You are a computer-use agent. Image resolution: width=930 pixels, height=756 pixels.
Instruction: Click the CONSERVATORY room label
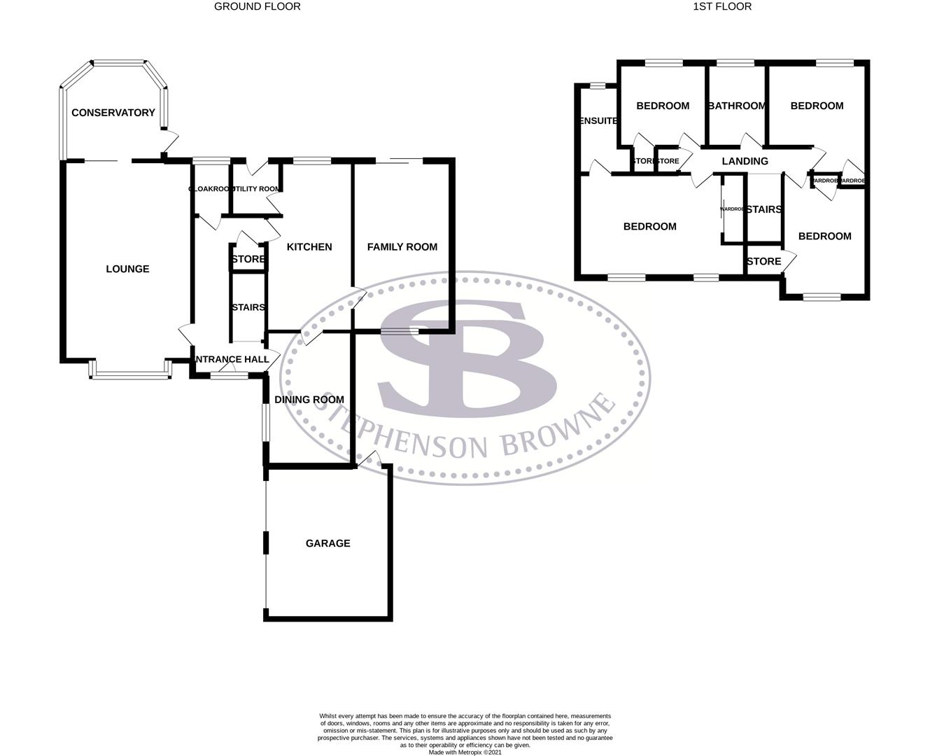click(x=113, y=113)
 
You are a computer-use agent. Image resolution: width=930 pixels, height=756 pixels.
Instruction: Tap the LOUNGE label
click(x=127, y=269)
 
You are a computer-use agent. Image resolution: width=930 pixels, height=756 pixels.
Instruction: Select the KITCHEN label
click(x=309, y=246)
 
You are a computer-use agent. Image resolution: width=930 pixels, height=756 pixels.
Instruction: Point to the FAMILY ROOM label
click(x=402, y=246)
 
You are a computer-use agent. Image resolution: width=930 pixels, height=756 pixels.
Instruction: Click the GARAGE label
click(x=327, y=543)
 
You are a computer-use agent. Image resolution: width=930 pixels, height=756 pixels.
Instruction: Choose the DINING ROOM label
click(x=309, y=400)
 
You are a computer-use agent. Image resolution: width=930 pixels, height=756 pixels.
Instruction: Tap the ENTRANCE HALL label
click(x=231, y=359)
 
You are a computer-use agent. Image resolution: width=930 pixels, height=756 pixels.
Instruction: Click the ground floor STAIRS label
click(x=248, y=307)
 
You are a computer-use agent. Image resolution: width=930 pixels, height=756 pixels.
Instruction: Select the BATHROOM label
click(x=737, y=106)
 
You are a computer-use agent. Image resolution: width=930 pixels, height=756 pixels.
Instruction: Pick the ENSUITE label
click(x=598, y=120)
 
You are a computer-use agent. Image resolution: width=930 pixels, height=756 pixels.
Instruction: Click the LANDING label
click(x=745, y=161)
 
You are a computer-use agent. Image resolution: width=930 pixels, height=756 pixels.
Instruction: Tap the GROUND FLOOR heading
click(x=257, y=6)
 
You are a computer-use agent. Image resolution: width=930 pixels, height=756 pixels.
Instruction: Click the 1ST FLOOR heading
click(x=721, y=6)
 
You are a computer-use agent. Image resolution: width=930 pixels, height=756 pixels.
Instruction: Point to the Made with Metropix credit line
click(x=465, y=752)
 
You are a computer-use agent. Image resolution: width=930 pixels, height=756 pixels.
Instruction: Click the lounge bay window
click(x=130, y=376)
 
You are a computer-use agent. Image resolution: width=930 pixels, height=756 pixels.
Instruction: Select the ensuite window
click(x=597, y=86)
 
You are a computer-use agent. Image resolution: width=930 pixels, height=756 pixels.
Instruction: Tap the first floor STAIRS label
click(x=763, y=209)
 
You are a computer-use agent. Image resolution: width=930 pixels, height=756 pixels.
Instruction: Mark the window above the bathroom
click(x=735, y=64)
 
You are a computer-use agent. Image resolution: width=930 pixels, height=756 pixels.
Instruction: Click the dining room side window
click(x=266, y=423)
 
